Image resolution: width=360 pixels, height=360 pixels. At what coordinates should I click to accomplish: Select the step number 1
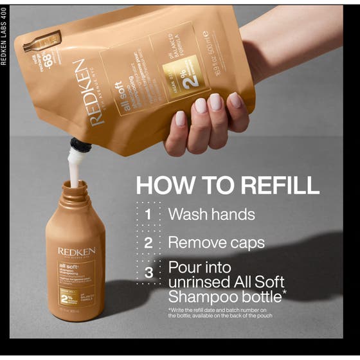click(x=148, y=214)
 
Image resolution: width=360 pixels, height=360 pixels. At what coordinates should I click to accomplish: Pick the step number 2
click(x=148, y=243)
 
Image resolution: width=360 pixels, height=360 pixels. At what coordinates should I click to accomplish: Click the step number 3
click(x=148, y=273)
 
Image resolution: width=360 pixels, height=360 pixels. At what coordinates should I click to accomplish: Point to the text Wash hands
click(x=212, y=214)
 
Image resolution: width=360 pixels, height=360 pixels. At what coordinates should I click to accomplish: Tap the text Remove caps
click(x=216, y=243)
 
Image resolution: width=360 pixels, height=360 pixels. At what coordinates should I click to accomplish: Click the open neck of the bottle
click(x=75, y=187)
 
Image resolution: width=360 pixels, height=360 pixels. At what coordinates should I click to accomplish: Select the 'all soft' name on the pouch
click(x=117, y=90)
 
